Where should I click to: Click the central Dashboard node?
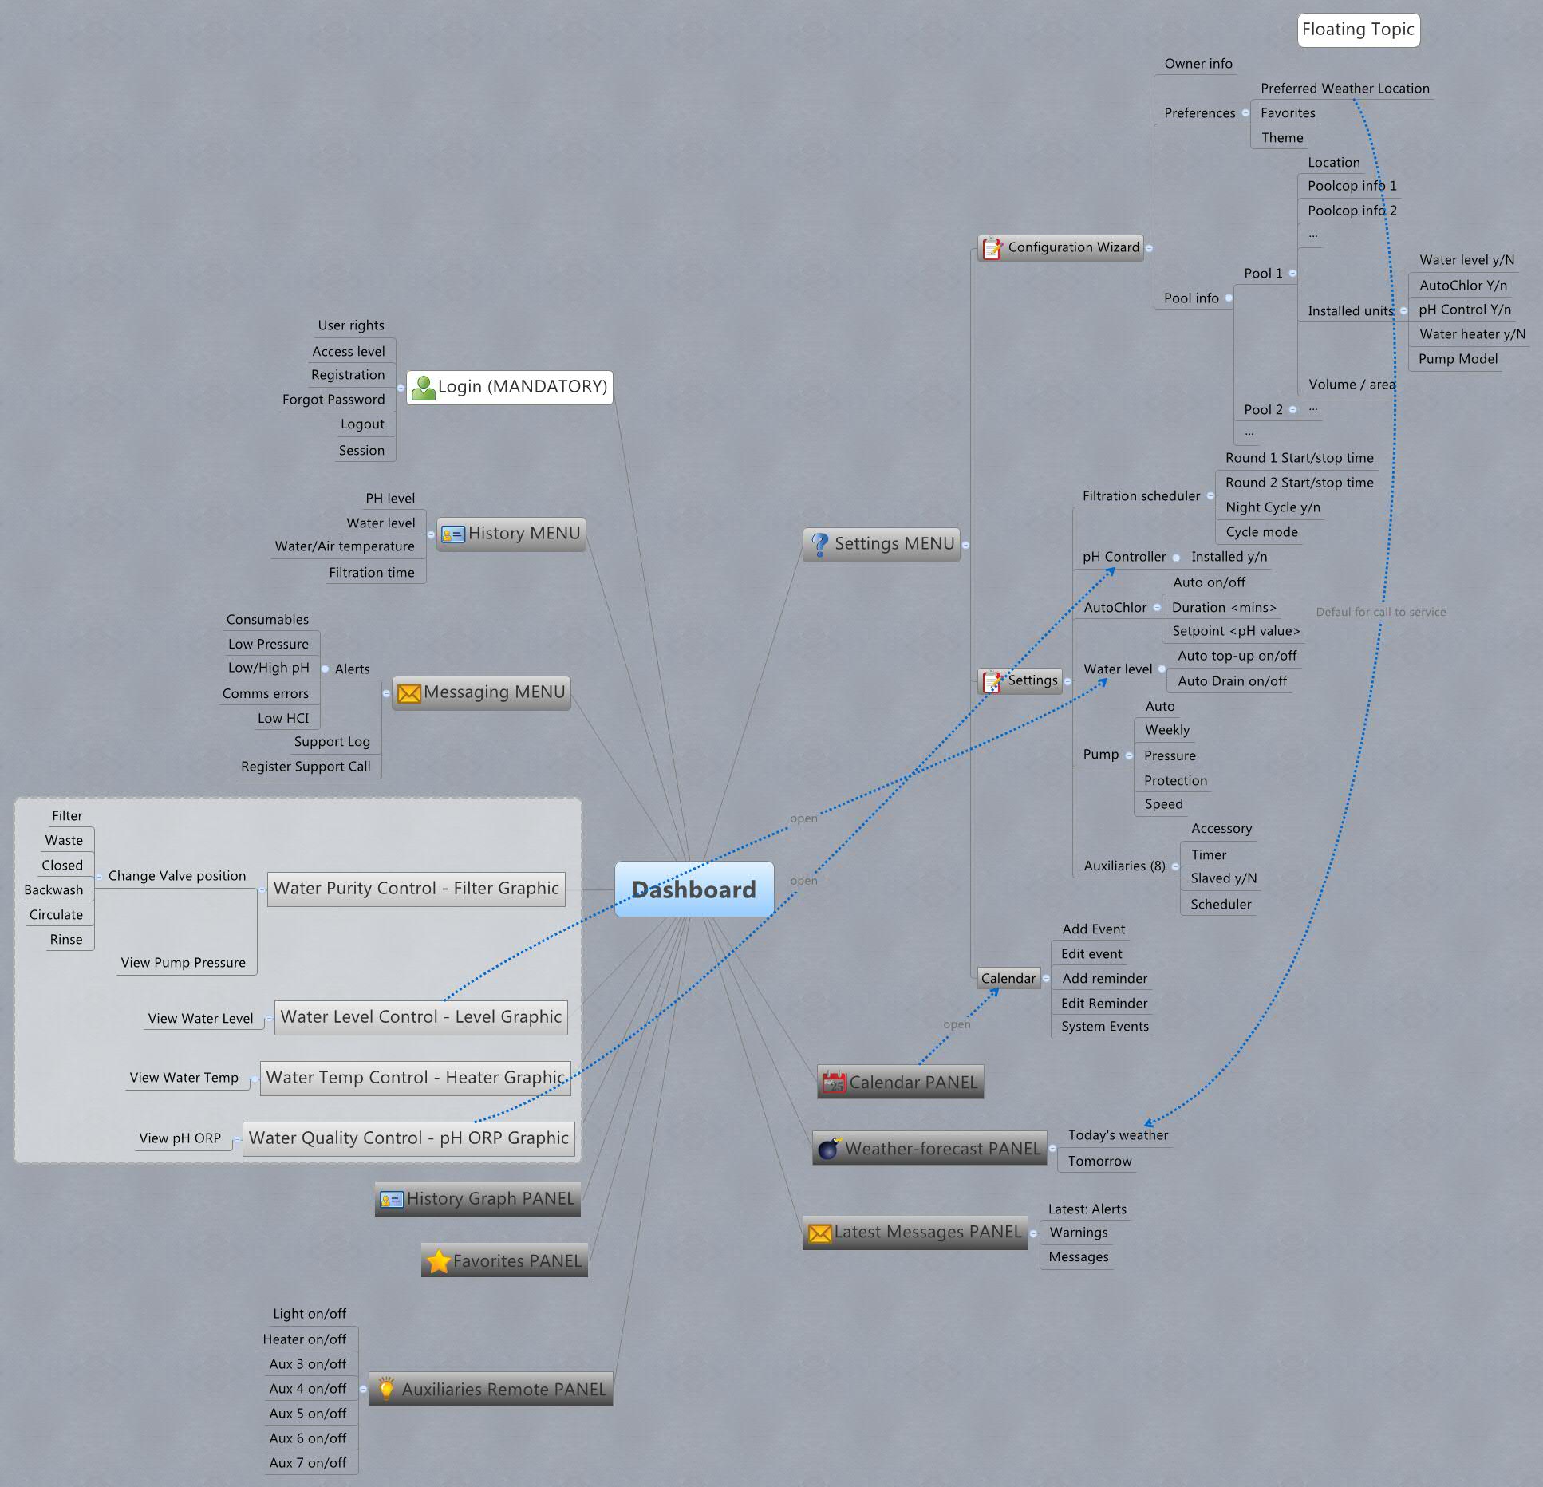[693, 889]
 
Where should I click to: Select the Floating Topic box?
[1358, 30]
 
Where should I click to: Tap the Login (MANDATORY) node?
[510, 387]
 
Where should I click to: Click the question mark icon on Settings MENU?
[819, 544]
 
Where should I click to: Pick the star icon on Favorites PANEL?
[438, 1261]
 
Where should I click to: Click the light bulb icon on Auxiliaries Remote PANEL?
[386, 1389]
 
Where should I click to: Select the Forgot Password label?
[333, 400]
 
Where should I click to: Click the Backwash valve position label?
[53, 890]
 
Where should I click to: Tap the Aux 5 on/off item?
[308, 1414]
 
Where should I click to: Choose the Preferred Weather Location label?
[1344, 89]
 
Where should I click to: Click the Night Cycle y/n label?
[1273, 507]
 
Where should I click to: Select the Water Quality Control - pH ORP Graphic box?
[408, 1138]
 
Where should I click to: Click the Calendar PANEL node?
[901, 1083]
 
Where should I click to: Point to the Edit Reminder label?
[1104, 1004]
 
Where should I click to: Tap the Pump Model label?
[1458, 359]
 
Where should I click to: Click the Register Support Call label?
[306, 767]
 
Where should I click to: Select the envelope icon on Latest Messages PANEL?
[819, 1233]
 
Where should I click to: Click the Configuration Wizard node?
[1061, 247]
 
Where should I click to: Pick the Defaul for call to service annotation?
[1380, 612]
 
